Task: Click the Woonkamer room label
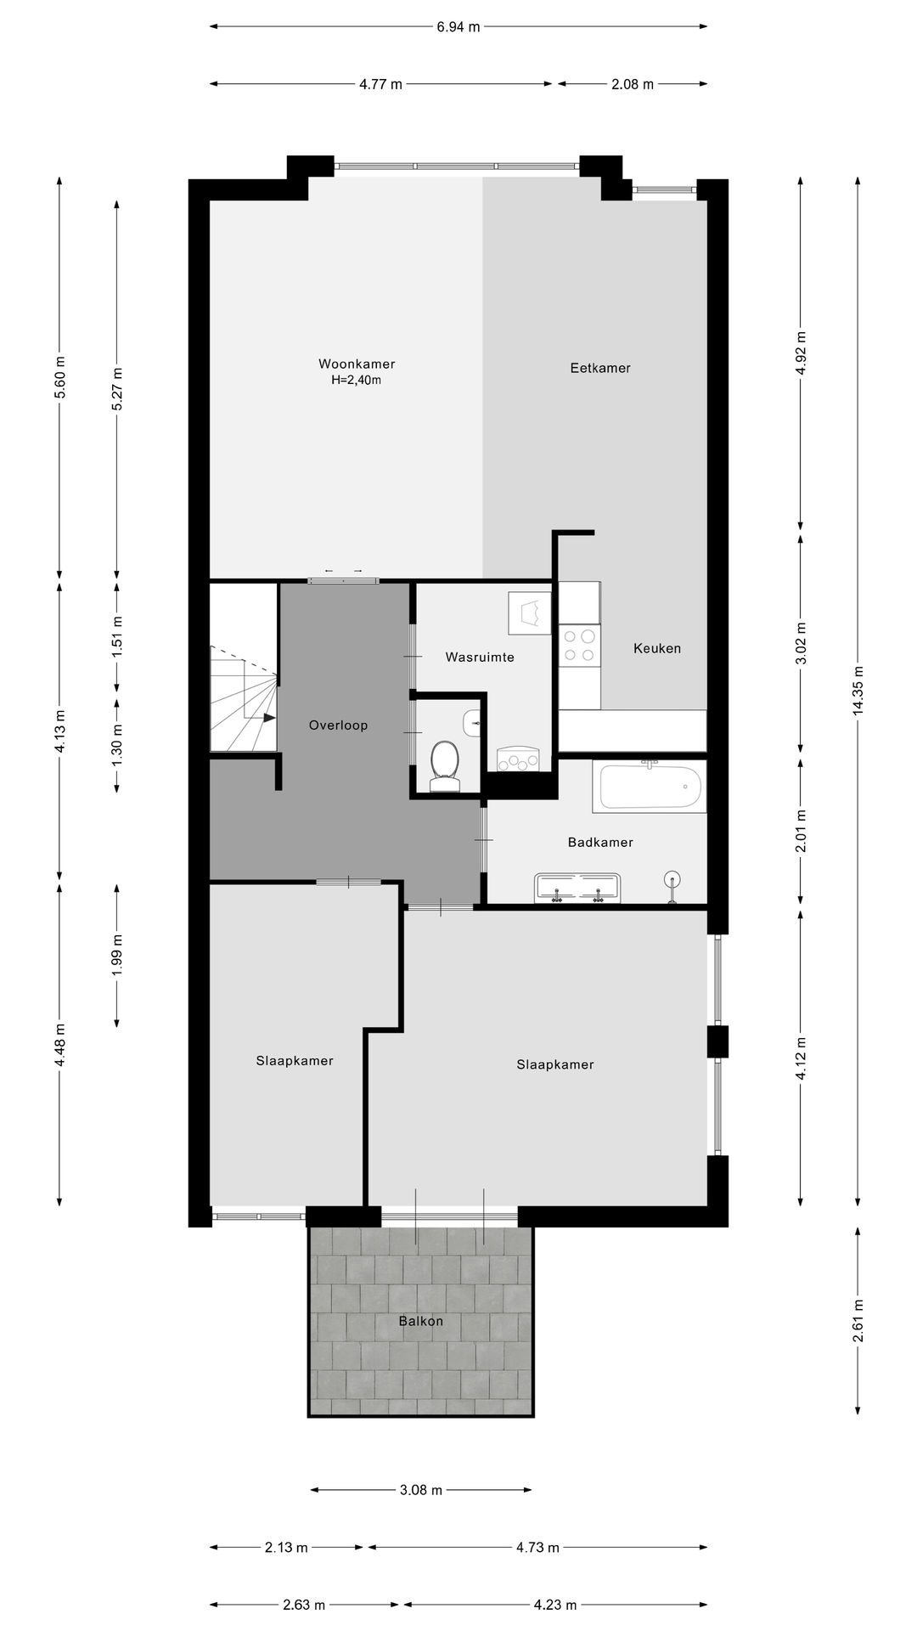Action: tap(357, 364)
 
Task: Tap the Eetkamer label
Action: tap(600, 368)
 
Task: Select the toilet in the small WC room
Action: tap(444, 762)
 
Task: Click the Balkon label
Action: tap(421, 1321)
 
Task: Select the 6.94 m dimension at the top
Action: tap(458, 26)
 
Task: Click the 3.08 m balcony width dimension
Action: tap(421, 1490)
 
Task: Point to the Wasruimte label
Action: tap(480, 657)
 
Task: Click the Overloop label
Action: tap(338, 725)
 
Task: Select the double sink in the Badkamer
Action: tap(578, 889)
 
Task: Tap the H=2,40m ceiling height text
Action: tap(357, 381)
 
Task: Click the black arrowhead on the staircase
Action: tap(269, 718)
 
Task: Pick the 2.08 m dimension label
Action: tap(632, 83)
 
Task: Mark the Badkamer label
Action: tap(600, 843)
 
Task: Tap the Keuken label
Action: tap(657, 648)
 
